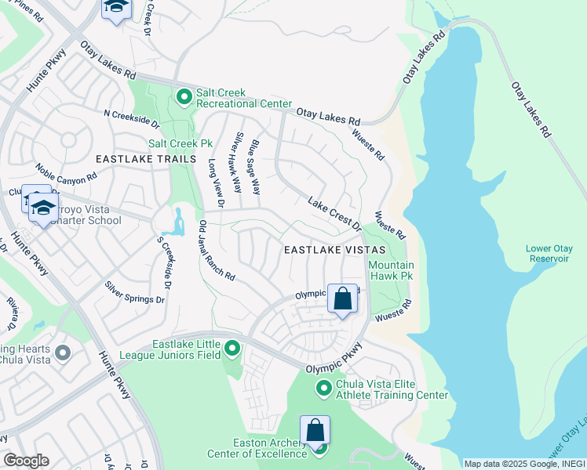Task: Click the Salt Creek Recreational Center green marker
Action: tap(184, 97)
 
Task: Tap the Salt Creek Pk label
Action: tap(181, 144)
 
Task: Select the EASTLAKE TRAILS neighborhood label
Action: tap(145, 159)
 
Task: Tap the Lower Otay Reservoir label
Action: tap(549, 255)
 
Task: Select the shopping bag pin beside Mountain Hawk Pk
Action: tap(343, 299)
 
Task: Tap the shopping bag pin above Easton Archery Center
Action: tap(315, 431)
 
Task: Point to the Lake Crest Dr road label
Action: tap(333, 214)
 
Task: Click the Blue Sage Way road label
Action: tap(255, 168)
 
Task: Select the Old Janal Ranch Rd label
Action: tap(217, 251)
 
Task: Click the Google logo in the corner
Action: tap(26, 461)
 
